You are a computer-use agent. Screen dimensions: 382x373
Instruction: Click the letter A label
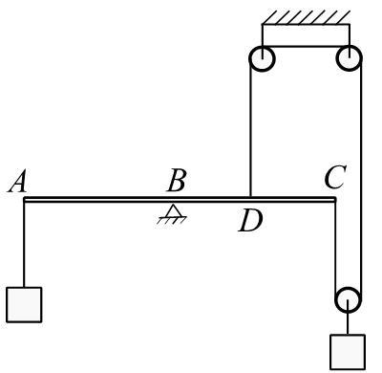(17, 182)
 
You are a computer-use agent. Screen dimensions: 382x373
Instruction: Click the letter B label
(176, 181)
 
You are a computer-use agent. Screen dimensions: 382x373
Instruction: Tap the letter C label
(335, 176)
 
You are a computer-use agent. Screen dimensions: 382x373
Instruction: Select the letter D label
(251, 220)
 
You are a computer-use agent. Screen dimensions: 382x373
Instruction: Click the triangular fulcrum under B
(173, 210)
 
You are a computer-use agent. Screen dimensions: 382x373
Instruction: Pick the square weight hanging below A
(24, 305)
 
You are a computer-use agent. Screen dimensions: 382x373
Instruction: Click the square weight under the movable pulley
(348, 352)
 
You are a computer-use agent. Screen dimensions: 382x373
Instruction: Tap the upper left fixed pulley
(262, 58)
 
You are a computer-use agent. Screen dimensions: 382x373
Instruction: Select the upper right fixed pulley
(350, 58)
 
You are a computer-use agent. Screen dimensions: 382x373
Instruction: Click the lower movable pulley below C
(349, 300)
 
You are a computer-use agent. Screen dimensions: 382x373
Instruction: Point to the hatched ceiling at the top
(306, 17)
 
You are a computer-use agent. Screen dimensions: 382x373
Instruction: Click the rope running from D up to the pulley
(250, 127)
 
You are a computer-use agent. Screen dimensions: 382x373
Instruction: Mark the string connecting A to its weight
(24, 245)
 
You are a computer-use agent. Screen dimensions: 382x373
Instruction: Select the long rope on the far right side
(361, 179)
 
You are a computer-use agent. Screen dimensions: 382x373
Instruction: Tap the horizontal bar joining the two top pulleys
(306, 47)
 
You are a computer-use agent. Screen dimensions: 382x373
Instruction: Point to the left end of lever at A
(24, 200)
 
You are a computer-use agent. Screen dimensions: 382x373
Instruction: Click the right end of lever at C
(335, 200)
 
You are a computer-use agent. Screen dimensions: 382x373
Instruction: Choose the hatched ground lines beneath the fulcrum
(172, 220)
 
